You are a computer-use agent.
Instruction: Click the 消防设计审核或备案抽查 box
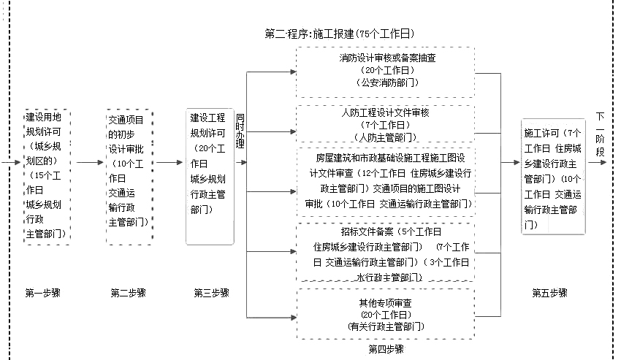tap(385, 72)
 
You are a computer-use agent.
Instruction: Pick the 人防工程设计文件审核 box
tap(385, 125)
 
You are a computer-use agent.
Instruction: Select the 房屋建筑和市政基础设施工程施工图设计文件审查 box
tap(385, 181)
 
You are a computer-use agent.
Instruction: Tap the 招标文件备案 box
tap(385, 253)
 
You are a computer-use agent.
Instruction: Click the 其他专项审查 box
tap(385, 314)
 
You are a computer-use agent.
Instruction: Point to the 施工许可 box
tap(553, 177)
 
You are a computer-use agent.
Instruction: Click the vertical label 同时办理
tap(240, 131)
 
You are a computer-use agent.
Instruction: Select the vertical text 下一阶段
tap(601, 134)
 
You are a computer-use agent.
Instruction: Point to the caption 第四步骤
tap(386, 349)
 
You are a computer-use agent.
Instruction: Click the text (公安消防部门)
tap(385, 83)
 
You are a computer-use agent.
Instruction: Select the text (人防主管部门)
tap(385, 137)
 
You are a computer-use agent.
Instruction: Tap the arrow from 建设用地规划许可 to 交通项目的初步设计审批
tap(89, 162)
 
